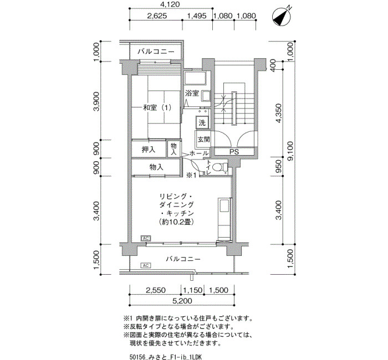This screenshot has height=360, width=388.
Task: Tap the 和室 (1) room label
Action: click(x=157, y=108)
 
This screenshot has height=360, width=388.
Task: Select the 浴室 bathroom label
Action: click(x=192, y=93)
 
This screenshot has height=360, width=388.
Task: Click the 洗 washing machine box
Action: click(x=202, y=122)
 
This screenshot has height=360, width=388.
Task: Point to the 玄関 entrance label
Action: click(x=203, y=140)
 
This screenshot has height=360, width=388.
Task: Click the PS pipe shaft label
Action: click(x=234, y=152)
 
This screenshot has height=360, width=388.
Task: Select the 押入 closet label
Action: click(x=148, y=150)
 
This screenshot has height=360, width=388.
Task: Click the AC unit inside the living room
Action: click(x=145, y=238)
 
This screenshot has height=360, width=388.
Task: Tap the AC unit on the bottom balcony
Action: click(x=145, y=265)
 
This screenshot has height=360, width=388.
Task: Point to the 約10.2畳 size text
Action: click(x=176, y=222)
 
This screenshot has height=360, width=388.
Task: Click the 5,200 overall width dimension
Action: click(x=182, y=301)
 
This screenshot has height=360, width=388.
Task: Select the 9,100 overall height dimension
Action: click(x=290, y=151)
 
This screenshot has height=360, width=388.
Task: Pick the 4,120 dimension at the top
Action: click(x=170, y=4)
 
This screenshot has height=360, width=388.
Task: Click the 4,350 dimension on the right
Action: click(x=279, y=113)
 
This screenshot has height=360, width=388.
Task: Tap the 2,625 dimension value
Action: click(x=157, y=16)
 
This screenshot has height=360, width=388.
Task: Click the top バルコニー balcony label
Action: click(x=156, y=52)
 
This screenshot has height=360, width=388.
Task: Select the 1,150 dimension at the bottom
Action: click(x=193, y=290)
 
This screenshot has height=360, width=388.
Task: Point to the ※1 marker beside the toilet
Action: click(x=191, y=176)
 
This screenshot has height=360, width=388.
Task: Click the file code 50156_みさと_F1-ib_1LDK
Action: click(x=166, y=357)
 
